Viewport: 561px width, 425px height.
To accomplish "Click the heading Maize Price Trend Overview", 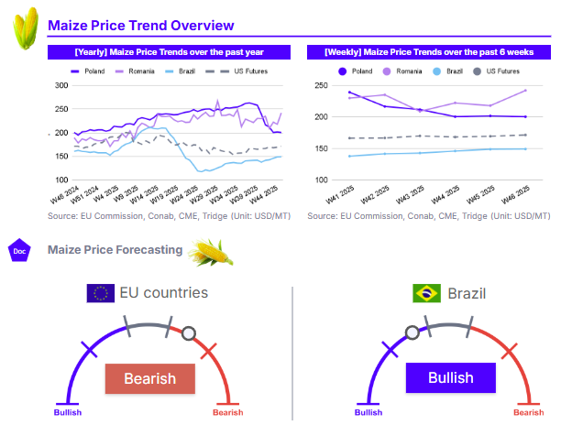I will (x=140, y=26).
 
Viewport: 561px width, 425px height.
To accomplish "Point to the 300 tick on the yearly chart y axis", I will (x=61, y=85).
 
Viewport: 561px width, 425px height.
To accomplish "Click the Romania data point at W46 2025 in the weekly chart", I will (x=525, y=91).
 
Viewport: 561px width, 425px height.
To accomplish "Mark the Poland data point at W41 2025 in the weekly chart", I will (x=350, y=93).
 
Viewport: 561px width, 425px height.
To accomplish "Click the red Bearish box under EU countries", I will (x=149, y=378).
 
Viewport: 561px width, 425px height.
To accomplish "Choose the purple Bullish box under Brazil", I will (x=450, y=377).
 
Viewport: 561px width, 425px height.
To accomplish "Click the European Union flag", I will (x=100, y=293).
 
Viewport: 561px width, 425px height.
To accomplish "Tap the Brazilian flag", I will (x=425, y=293).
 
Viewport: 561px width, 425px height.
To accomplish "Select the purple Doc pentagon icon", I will (x=18, y=250).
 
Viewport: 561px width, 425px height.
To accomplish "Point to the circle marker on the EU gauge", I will (x=189, y=332).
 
